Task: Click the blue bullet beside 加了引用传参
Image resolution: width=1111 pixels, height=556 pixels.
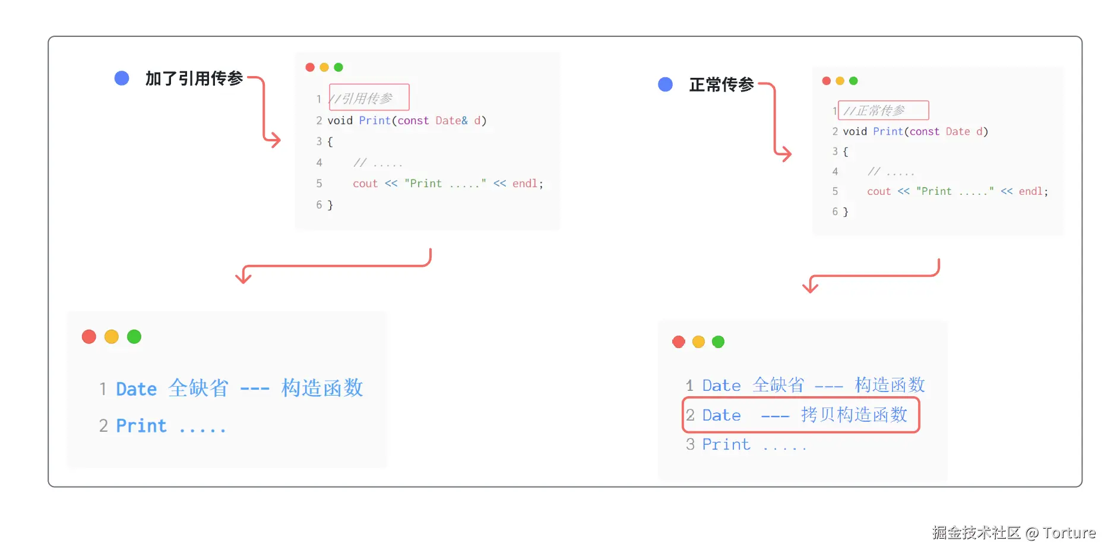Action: (122, 78)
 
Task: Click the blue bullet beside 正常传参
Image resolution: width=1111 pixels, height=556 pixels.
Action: (665, 84)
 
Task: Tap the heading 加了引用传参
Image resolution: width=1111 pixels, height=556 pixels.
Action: (194, 78)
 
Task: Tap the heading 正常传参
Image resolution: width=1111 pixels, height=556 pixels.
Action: (721, 85)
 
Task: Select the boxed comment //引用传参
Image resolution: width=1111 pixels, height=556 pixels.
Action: (369, 97)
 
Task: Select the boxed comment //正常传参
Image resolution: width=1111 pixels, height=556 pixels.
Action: (883, 110)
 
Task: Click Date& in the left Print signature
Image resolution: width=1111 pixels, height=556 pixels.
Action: (451, 121)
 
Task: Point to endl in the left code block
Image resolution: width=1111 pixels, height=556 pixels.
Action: (525, 184)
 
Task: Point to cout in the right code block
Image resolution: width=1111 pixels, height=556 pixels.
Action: (878, 191)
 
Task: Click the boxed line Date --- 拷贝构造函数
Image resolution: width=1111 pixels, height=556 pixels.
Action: (801, 415)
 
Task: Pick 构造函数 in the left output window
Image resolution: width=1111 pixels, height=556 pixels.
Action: (322, 388)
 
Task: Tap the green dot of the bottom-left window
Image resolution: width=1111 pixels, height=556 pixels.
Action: (134, 337)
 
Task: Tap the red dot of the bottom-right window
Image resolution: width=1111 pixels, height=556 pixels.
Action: (679, 342)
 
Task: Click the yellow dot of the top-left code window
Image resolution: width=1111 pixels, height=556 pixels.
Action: (324, 67)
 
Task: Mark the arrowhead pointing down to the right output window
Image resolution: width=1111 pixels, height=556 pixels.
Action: (810, 288)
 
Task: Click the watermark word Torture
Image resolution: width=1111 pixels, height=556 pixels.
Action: (1069, 533)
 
